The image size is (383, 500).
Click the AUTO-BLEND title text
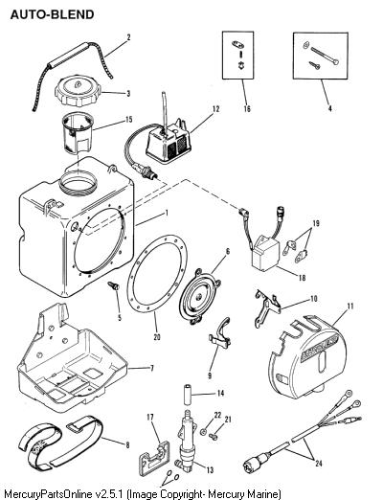coord(52,14)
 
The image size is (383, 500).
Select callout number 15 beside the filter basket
coord(128,120)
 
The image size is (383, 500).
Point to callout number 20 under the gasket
coord(157,337)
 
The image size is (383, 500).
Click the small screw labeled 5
coord(113,285)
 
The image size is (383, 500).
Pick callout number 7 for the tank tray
coord(152,368)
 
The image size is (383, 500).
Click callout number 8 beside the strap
coord(127,444)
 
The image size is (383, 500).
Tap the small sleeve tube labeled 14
coord(188,396)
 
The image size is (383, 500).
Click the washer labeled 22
coord(203,432)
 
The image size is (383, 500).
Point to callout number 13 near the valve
coord(210,470)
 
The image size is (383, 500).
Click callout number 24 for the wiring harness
coord(319,464)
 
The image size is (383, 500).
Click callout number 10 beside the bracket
coord(314,299)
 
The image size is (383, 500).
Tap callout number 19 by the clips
coord(316,223)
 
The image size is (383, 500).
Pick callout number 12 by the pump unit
coord(216,108)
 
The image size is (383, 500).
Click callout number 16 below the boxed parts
coord(247,108)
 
